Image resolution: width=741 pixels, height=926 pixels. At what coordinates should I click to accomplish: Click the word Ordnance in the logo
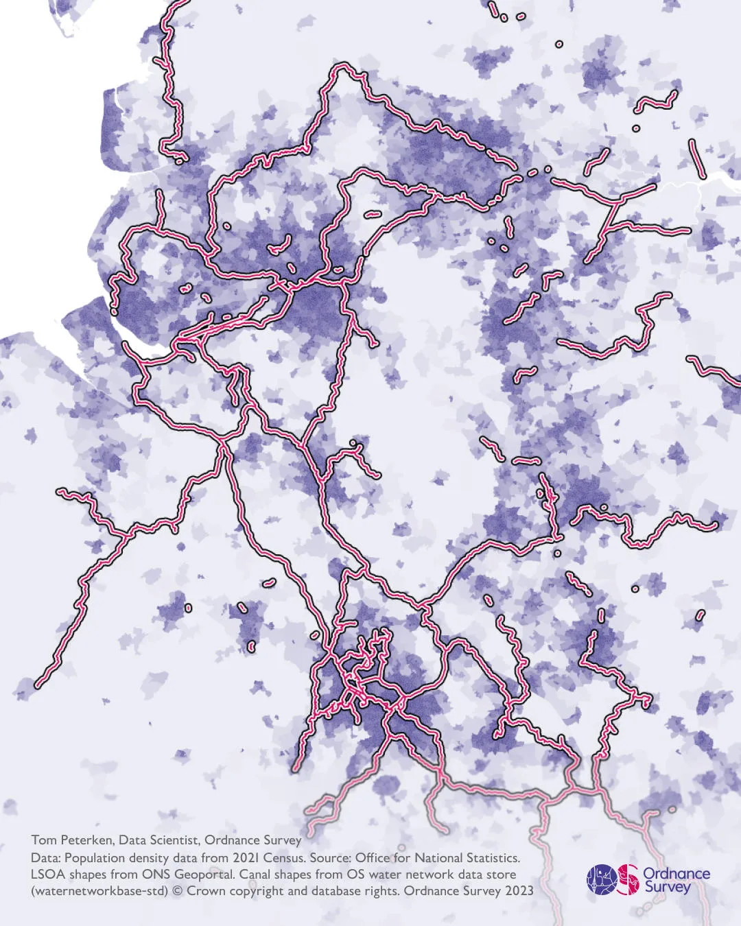click(x=676, y=873)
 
